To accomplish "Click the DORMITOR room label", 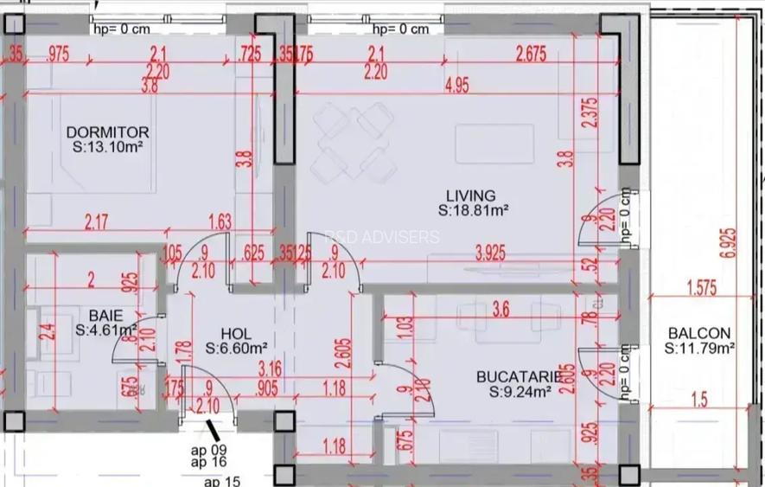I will (x=107, y=132).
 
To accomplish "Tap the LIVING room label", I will (x=470, y=195).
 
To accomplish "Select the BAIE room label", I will (x=105, y=315).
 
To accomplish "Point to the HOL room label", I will (x=235, y=333).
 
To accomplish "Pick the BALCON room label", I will (x=698, y=333).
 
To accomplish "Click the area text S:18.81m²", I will (x=472, y=210).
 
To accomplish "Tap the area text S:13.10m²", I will (x=108, y=147).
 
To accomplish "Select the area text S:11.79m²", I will (x=699, y=349).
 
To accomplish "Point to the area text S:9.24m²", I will (x=520, y=392).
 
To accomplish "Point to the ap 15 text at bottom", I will (x=221, y=480).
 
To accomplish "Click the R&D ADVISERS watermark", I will (x=382, y=237).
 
